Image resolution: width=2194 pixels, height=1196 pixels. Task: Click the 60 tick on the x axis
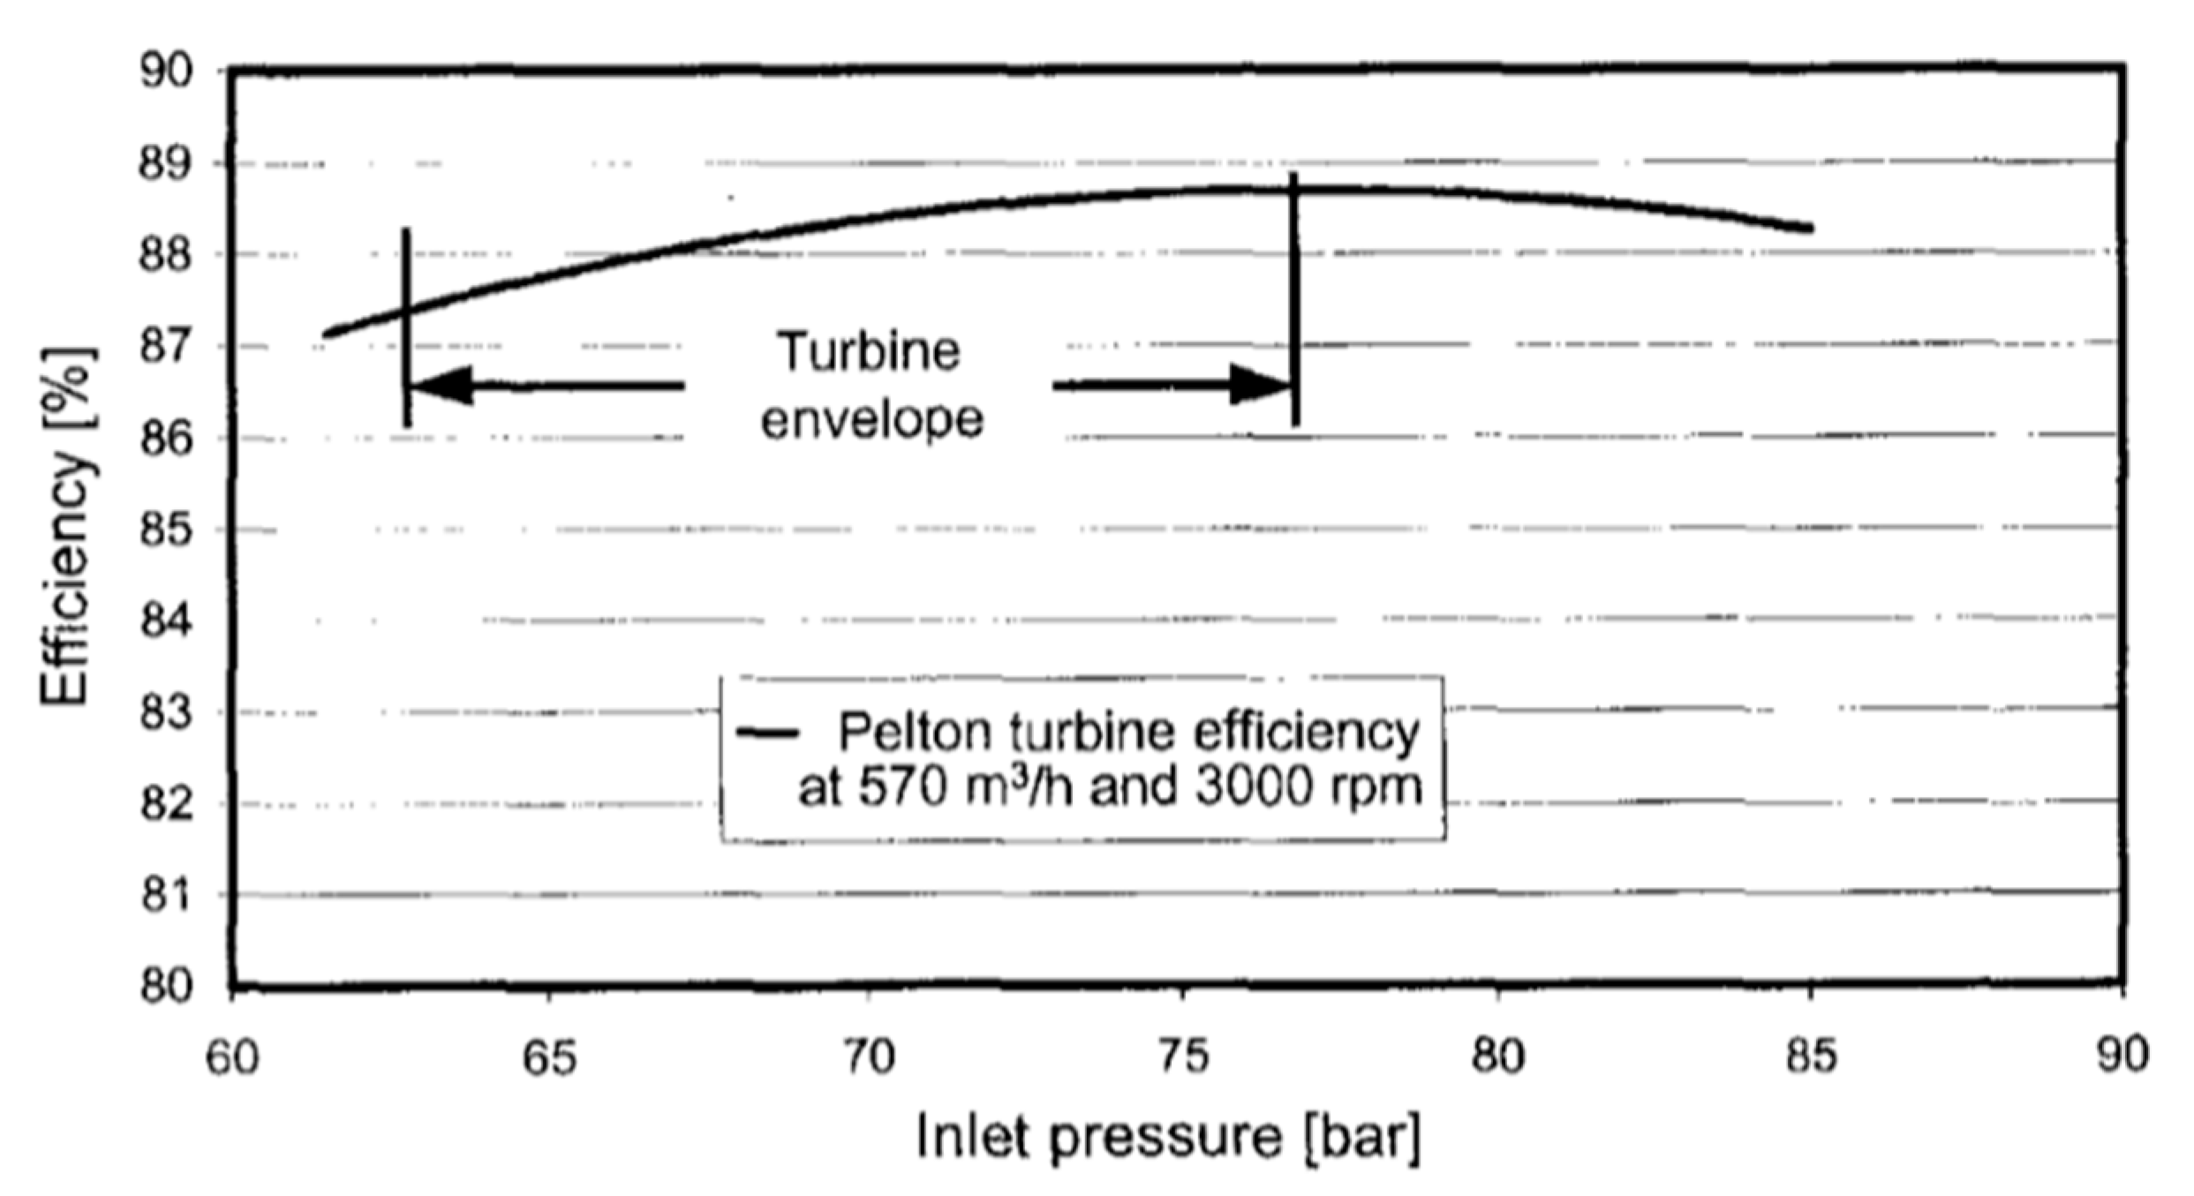tap(232, 1056)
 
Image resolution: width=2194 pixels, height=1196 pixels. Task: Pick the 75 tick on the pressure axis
tap(1183, 1056)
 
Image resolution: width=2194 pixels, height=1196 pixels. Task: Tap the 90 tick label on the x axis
tap(2122, 1056)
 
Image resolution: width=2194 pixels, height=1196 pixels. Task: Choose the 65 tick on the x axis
tap(549, 1056)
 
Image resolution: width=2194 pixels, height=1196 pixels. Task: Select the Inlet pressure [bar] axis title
tap(1168, 1137)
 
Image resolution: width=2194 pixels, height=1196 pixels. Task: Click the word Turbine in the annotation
tap(868, 351)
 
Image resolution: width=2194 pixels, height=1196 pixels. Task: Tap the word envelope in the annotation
tap(871, 419)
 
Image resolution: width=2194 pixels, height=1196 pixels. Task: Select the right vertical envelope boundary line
tap(1294, 300)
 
